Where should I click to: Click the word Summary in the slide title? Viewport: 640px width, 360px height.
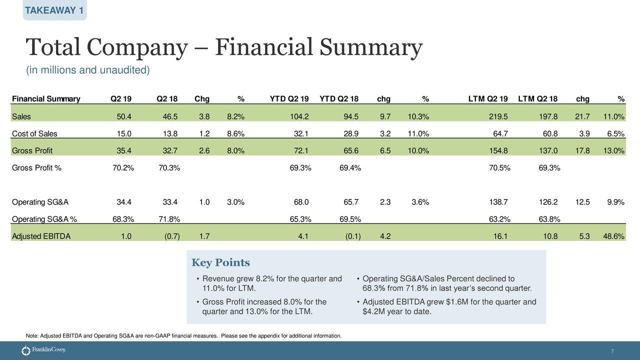(370, 47)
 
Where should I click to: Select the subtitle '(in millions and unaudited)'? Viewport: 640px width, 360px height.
(87, 70)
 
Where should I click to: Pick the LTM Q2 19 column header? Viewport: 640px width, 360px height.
(487, 98)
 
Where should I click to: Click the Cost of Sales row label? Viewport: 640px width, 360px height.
(34, 134)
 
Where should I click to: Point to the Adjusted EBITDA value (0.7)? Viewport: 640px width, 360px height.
(172, 237)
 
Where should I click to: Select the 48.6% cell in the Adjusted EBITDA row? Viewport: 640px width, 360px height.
(613, 237)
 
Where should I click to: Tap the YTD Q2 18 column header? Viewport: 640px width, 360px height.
(339, 98)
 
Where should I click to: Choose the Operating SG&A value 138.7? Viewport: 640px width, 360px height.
(499, 202)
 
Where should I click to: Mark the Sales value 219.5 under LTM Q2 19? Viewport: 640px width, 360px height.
(498, 117)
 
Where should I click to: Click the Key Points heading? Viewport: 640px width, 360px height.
(220, 263)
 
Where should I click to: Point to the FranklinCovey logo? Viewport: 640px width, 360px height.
(43, 350)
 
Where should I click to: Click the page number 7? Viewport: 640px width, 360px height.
(612, 351)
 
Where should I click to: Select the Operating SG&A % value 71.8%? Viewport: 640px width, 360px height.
(169, 219)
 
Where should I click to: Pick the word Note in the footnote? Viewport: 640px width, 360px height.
(31, 335)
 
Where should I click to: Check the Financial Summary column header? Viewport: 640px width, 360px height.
(45, 98)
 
